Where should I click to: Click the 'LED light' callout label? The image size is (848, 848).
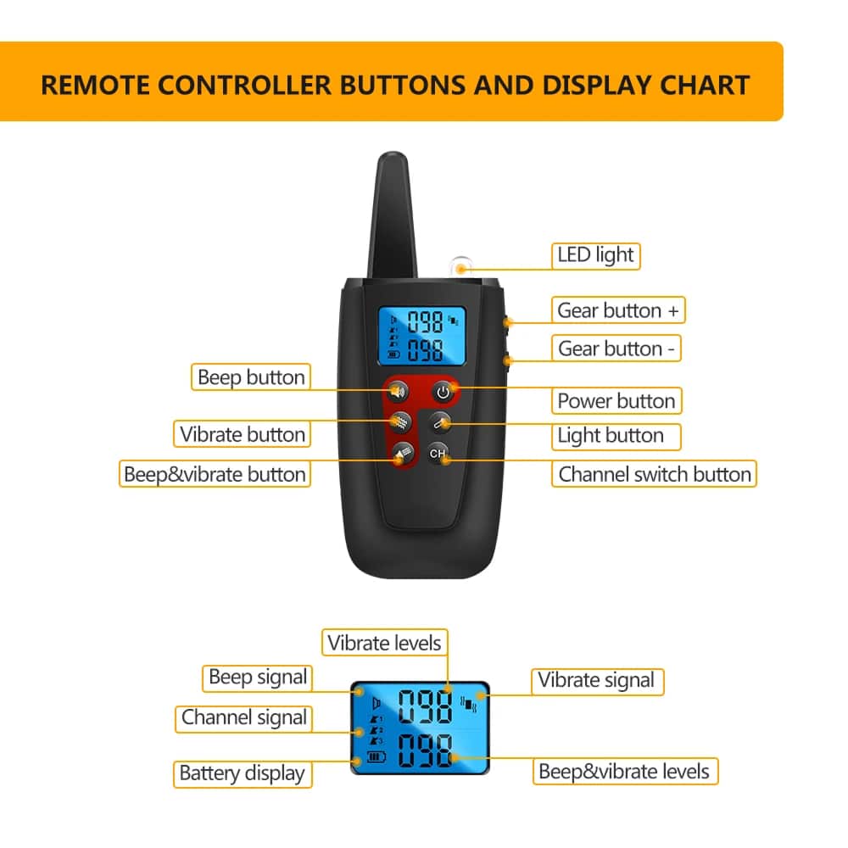click(595, 256)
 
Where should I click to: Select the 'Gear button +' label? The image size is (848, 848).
click(618, 310)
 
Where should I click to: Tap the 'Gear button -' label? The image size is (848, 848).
click(616, 349)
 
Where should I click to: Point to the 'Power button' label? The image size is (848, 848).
click(616, 401)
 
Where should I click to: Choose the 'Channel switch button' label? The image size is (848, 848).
click(655, 474)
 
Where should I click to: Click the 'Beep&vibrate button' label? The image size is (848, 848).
click(215, 474)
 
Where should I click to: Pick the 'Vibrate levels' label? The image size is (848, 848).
click(384, 643)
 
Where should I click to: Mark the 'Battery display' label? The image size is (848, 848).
click(243, 774)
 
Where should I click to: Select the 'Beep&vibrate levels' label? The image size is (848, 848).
click(625, 771)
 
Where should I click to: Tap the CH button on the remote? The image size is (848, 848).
click(438, 454)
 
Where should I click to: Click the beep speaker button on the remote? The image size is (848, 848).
click(398, 390)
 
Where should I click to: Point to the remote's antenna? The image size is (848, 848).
click(393, 215)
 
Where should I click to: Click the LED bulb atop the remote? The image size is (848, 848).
click(460, 266)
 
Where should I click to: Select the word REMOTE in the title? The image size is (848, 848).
click(95, 86)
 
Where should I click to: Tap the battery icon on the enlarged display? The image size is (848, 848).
click(377, 756)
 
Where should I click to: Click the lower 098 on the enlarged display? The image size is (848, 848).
click(425, 750)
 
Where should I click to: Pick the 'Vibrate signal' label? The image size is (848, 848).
click(596, 680)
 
